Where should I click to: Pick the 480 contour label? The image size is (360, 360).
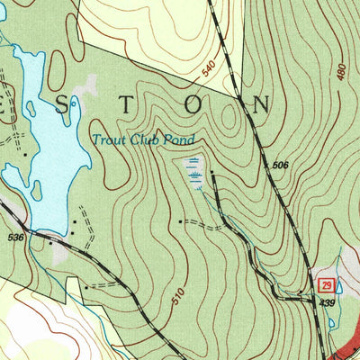tap(341, 71)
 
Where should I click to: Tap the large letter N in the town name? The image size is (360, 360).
tap(261, 104)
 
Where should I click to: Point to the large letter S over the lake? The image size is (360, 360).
tap(61, 105)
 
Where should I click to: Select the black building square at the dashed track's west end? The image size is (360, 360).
tap(181, 220)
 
